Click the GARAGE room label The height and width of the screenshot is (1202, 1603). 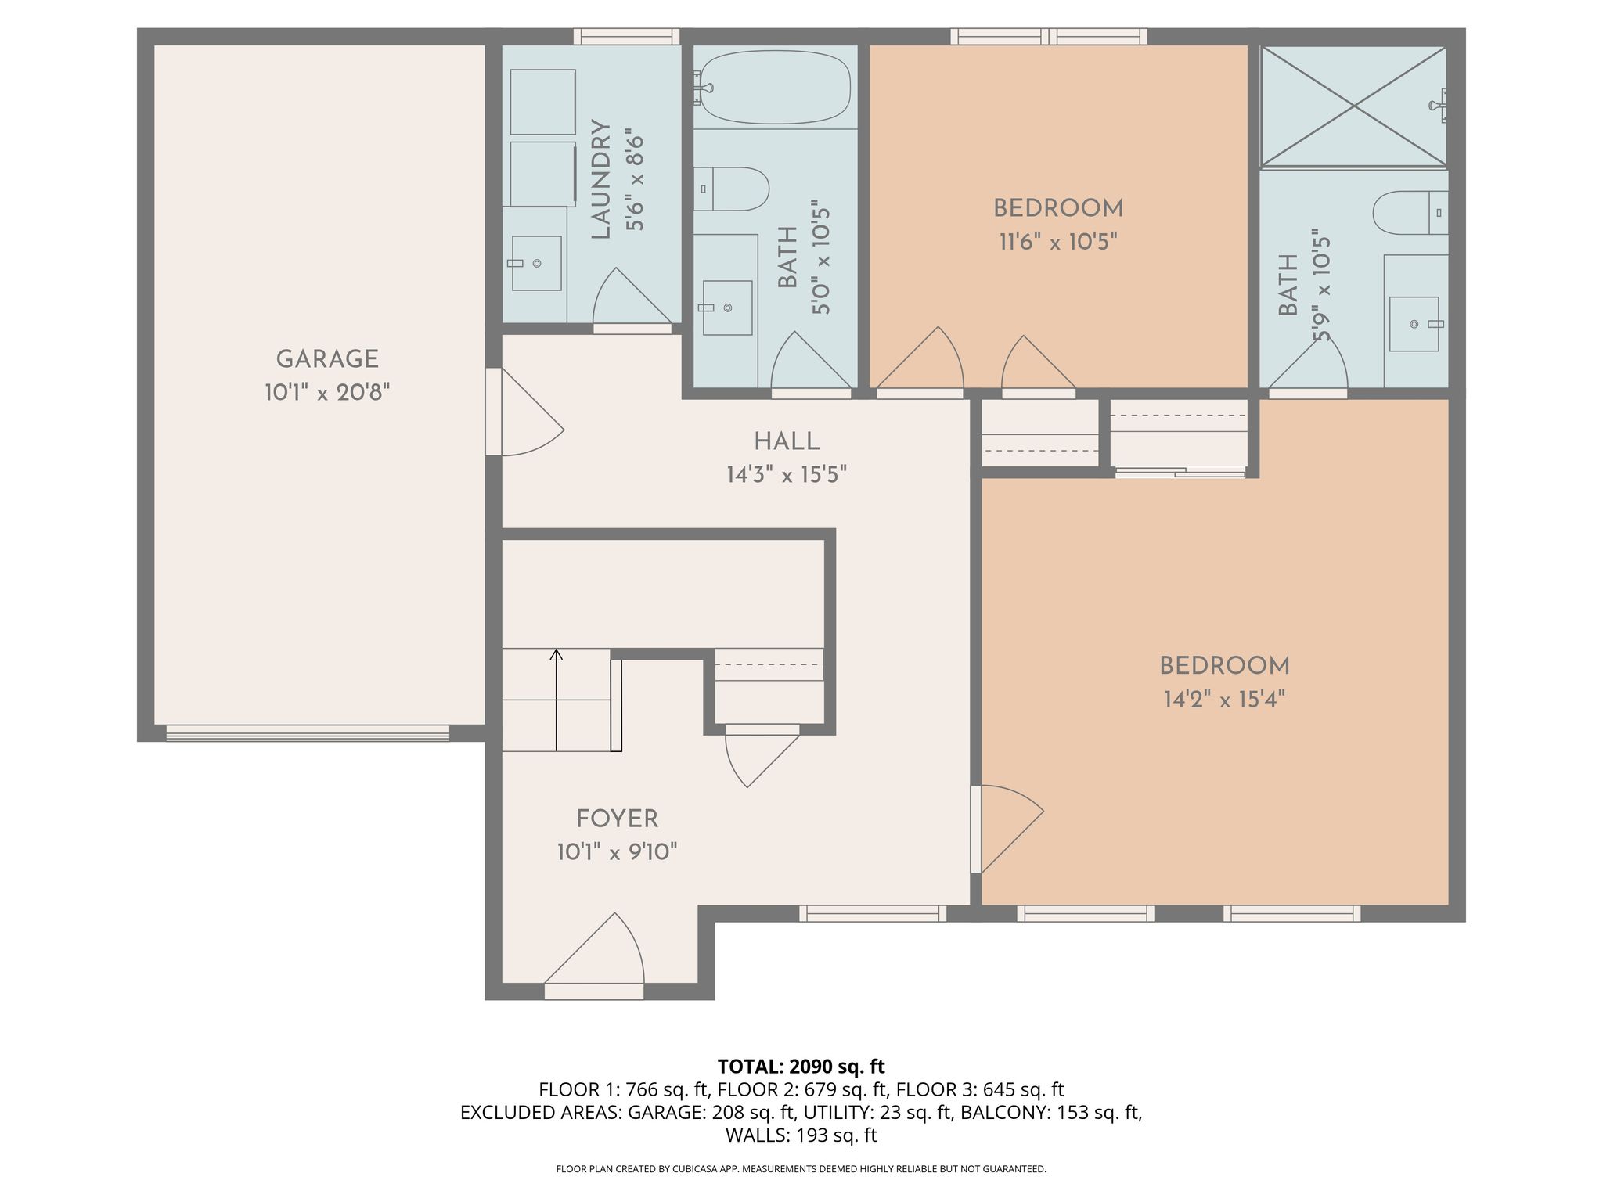pyautogui.click(x=327, y=359)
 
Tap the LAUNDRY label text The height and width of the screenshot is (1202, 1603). pyautogui.click(x=600, y=179)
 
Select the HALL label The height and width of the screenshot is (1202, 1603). pyautogui.click(x=787, y=441)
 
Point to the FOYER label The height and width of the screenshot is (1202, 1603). pyautogui.click(x=617, y=819)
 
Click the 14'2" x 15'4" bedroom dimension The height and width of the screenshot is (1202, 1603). pyautogui.click(x=1224, y=699)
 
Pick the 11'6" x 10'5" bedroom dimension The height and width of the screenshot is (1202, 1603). pyautogui.click(x=1057, y=242)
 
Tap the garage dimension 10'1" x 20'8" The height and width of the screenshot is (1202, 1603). pyautogui.click(x=327, y=392)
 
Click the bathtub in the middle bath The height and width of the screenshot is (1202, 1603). pyautogui.click(x=772, y=87)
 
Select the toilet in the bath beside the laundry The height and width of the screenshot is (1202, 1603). pyautogui.click(x=731, y=189)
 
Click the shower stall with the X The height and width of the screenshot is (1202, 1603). pyautogui.click(x=1354, y=106)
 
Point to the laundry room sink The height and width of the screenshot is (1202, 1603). pyautogui.click(x=536, y=263)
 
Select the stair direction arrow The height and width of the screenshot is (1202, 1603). pyautogui.click(x=557, y=700)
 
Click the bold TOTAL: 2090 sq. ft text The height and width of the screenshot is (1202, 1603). pyautogui.click(x=801, y=1067)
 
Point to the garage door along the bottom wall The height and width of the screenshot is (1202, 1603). pyautogui.click(x=308, y=733)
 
